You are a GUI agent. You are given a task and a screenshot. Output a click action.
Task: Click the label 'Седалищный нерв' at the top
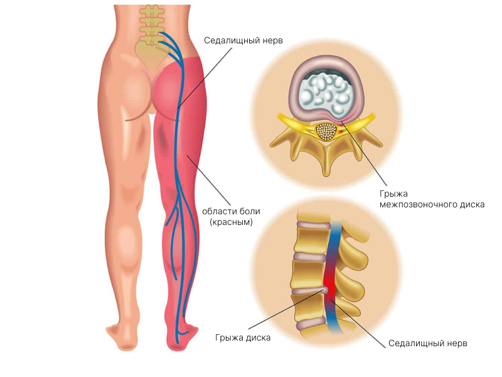point(243,40)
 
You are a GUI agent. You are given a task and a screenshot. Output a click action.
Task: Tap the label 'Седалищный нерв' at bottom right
point(428,344)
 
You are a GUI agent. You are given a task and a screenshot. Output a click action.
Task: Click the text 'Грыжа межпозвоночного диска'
point(432,199)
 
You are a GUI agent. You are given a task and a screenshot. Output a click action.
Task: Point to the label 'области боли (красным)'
point(231,216)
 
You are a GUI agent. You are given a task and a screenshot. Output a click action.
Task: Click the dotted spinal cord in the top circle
point(326,131)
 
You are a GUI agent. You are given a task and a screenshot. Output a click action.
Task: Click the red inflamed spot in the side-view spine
point(327,288)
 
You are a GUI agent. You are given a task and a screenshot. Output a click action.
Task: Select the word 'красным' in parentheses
point(231,222)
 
